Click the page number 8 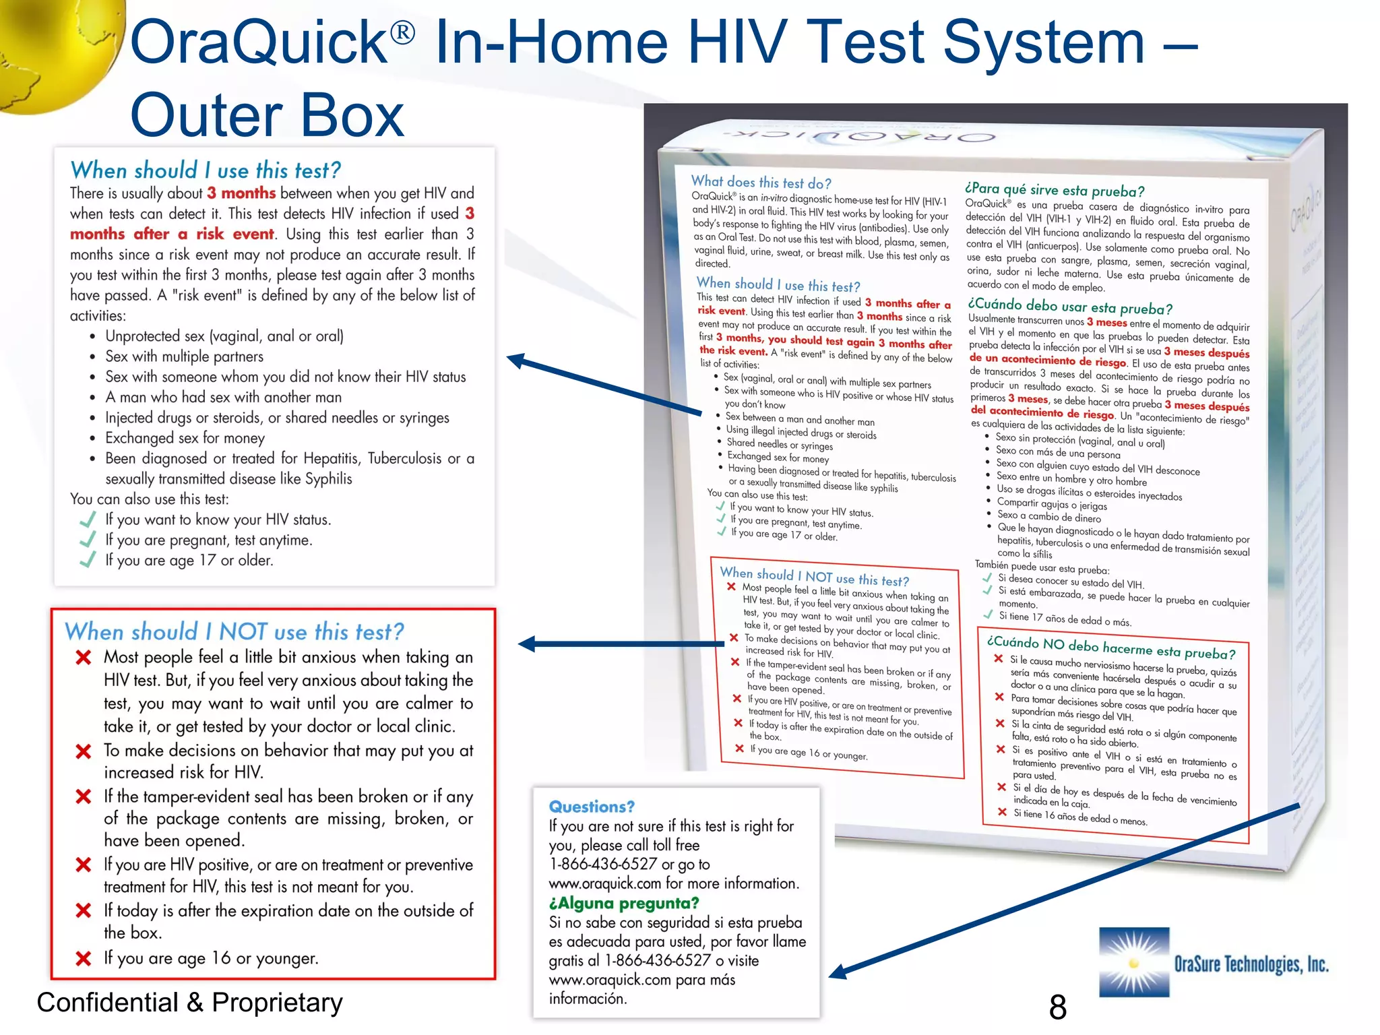click(x=1057, y=1007)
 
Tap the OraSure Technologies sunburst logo click(x=1134, y=962)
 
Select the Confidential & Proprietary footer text click(x=189, y=1003)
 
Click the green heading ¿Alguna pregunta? click(x=624, y=903)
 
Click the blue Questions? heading click(x=592, y=807)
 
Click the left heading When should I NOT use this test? click(x=234, y=632)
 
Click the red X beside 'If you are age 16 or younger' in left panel click(x=84, y=958)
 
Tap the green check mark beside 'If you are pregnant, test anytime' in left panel click(x=88, y=540)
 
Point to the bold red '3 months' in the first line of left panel click(x=241, y=193)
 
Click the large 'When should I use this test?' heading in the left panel click(x=206, y=170)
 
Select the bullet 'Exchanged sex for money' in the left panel click(x=185, y=438)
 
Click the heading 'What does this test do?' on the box click(x=761, y=182)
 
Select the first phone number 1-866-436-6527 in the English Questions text click(x=602, y=864)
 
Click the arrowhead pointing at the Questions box click(x=839, y=972)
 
